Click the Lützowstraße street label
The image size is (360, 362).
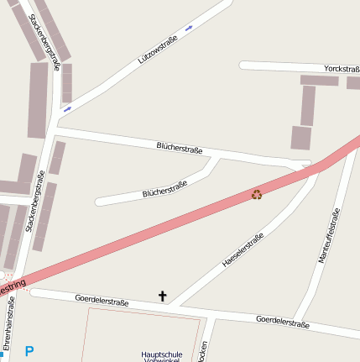pos(159,50)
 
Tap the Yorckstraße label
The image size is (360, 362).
pos(341,69)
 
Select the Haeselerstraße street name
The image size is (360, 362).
pos(243,250)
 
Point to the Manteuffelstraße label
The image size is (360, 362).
pos(329,235)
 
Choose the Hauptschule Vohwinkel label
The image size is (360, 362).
pos(162,356)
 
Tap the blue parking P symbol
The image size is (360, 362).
pos(29,351)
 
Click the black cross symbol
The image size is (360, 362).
pos(163,296)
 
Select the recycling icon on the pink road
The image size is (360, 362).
pos(257,195)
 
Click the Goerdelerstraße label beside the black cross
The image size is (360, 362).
pos(102,299)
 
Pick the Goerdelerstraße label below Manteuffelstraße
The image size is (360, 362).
pos(282,322)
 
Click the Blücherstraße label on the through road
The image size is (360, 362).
pos(180,148)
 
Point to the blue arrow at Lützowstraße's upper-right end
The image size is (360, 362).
pos(189,28)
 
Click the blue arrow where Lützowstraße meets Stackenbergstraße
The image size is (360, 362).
pos(67,108)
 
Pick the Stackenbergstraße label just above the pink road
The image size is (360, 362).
pos(36,202)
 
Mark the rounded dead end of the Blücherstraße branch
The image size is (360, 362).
pos(99,202)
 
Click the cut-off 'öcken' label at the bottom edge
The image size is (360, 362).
pos(204,351)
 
